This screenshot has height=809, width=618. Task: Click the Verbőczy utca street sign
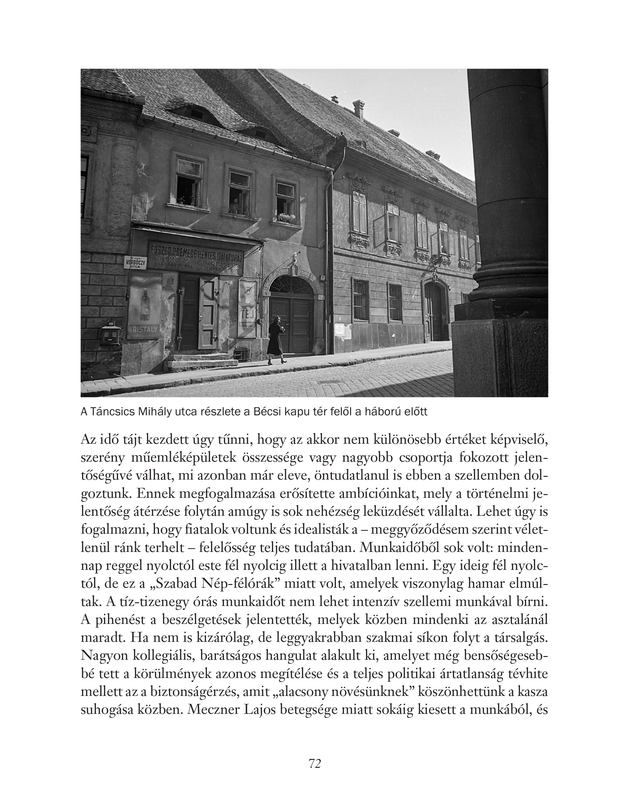point(136,262)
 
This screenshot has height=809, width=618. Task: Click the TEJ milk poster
point(247,308)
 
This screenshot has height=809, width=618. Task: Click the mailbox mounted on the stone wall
point(111,332)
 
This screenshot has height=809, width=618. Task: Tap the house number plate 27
point(323,277)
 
